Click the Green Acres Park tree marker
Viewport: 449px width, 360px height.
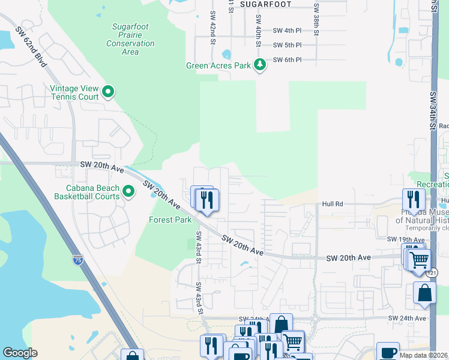(x=259, y=64)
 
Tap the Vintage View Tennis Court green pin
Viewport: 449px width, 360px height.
(x=108, y=92)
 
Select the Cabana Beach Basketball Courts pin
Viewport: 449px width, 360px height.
(x=128, y=191)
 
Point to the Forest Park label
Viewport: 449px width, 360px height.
(x=170, y=220)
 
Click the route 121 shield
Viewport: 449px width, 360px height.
(x=433, y=273)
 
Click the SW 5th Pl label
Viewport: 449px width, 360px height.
(x=287, y=45)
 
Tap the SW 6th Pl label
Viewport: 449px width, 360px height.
(x=287, y=60)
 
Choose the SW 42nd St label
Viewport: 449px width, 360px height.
(x=212, y=28)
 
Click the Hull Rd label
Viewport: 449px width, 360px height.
(x=333, y=204)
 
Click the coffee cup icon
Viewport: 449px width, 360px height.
(x=388, y=352)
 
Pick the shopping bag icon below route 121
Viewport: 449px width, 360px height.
(x=424, y=293)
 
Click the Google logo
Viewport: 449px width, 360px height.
(x=20, y=353)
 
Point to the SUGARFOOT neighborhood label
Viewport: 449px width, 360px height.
(x=265, y=4)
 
